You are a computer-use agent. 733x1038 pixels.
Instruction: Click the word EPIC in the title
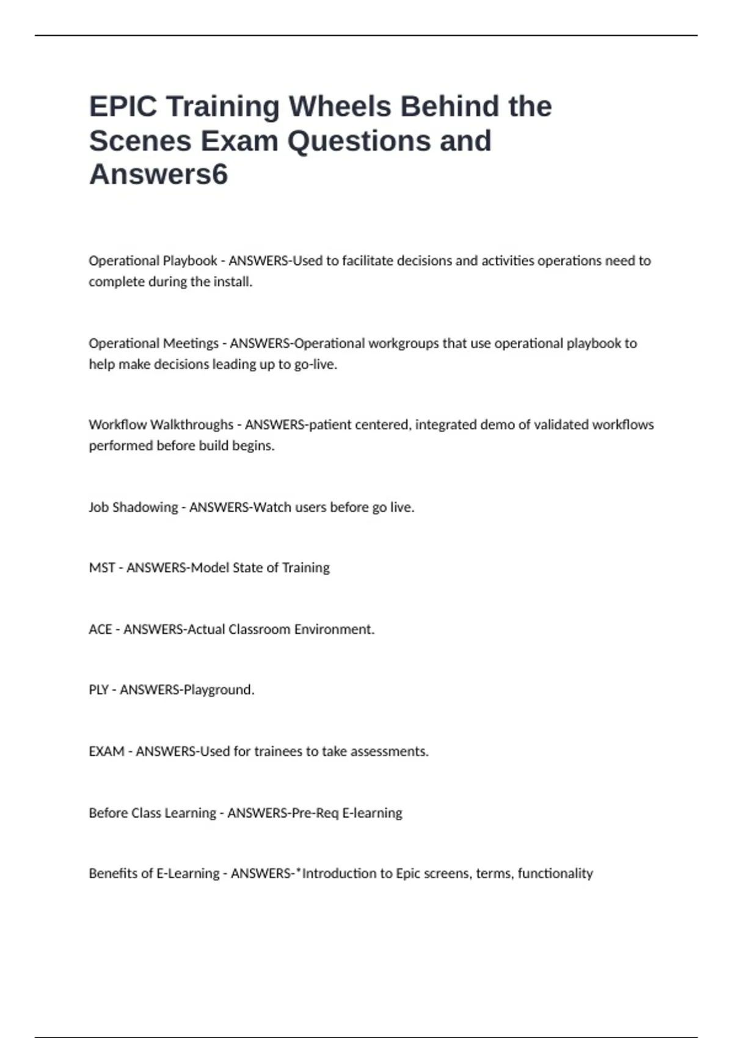[123, 106]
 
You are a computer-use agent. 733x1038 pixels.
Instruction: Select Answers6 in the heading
[158, 174]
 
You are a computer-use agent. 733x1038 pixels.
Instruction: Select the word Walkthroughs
[192, 424]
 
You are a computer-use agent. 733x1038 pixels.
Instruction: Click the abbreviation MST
[101, 568]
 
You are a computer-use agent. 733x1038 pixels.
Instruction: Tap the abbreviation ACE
[100, 630]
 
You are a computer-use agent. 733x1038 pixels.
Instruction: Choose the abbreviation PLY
[98, 690]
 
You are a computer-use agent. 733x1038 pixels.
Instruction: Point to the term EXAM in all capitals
[106, 752]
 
